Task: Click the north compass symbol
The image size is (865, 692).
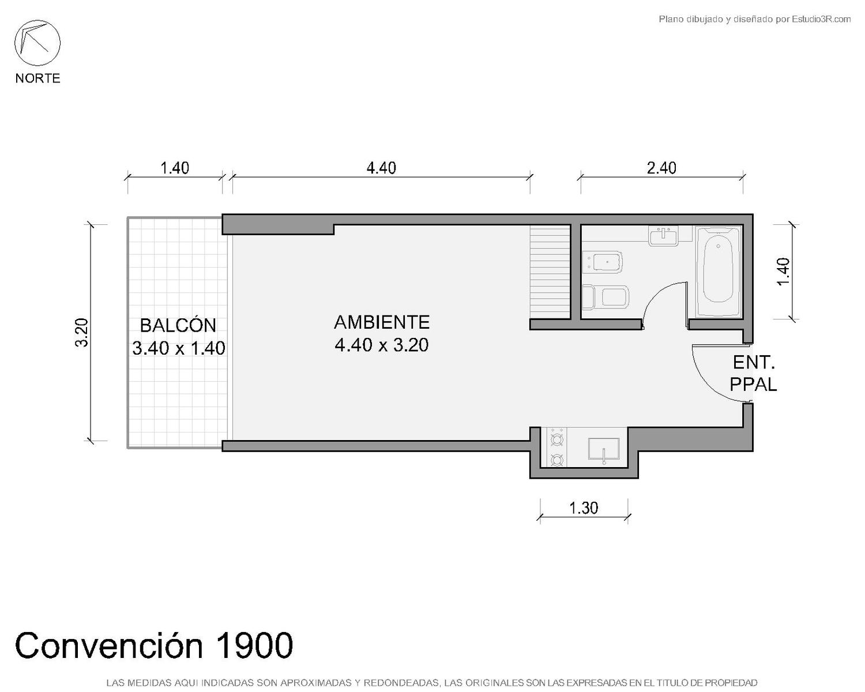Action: point(37,43)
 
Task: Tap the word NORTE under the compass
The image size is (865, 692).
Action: point(38,78)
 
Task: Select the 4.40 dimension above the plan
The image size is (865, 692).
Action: point(381,168)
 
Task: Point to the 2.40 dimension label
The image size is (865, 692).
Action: point(661,168)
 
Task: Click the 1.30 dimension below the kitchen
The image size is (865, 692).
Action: point(584,508)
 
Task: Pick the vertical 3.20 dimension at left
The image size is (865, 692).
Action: point(81,333)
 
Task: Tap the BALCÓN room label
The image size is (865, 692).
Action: point(178,325)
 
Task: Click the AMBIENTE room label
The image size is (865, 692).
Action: point(382,322)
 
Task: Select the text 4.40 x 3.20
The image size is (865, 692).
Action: point(382,345)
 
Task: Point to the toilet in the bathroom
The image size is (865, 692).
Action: point(605,297)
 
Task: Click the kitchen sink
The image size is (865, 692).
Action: point(603,449)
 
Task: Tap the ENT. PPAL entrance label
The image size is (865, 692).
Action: point(753,374)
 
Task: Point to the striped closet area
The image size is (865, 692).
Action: point(550,272)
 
